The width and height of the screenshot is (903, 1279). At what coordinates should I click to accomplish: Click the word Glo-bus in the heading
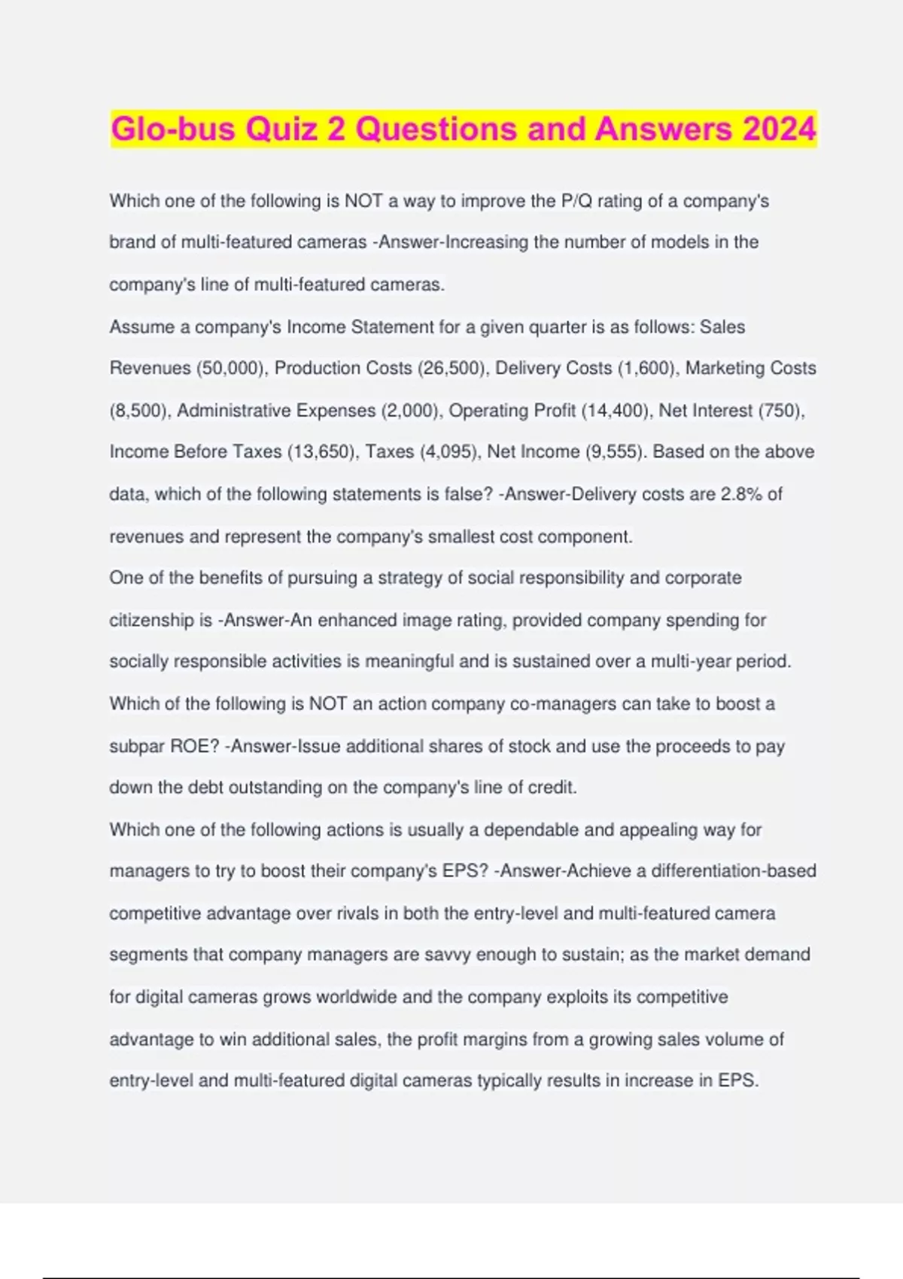coord(174,129)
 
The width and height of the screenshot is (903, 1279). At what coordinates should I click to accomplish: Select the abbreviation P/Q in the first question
coord(576,202)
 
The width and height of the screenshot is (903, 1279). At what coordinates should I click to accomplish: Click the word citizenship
coord(150,621)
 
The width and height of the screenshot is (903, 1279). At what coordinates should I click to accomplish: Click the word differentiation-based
coord(733,871)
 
